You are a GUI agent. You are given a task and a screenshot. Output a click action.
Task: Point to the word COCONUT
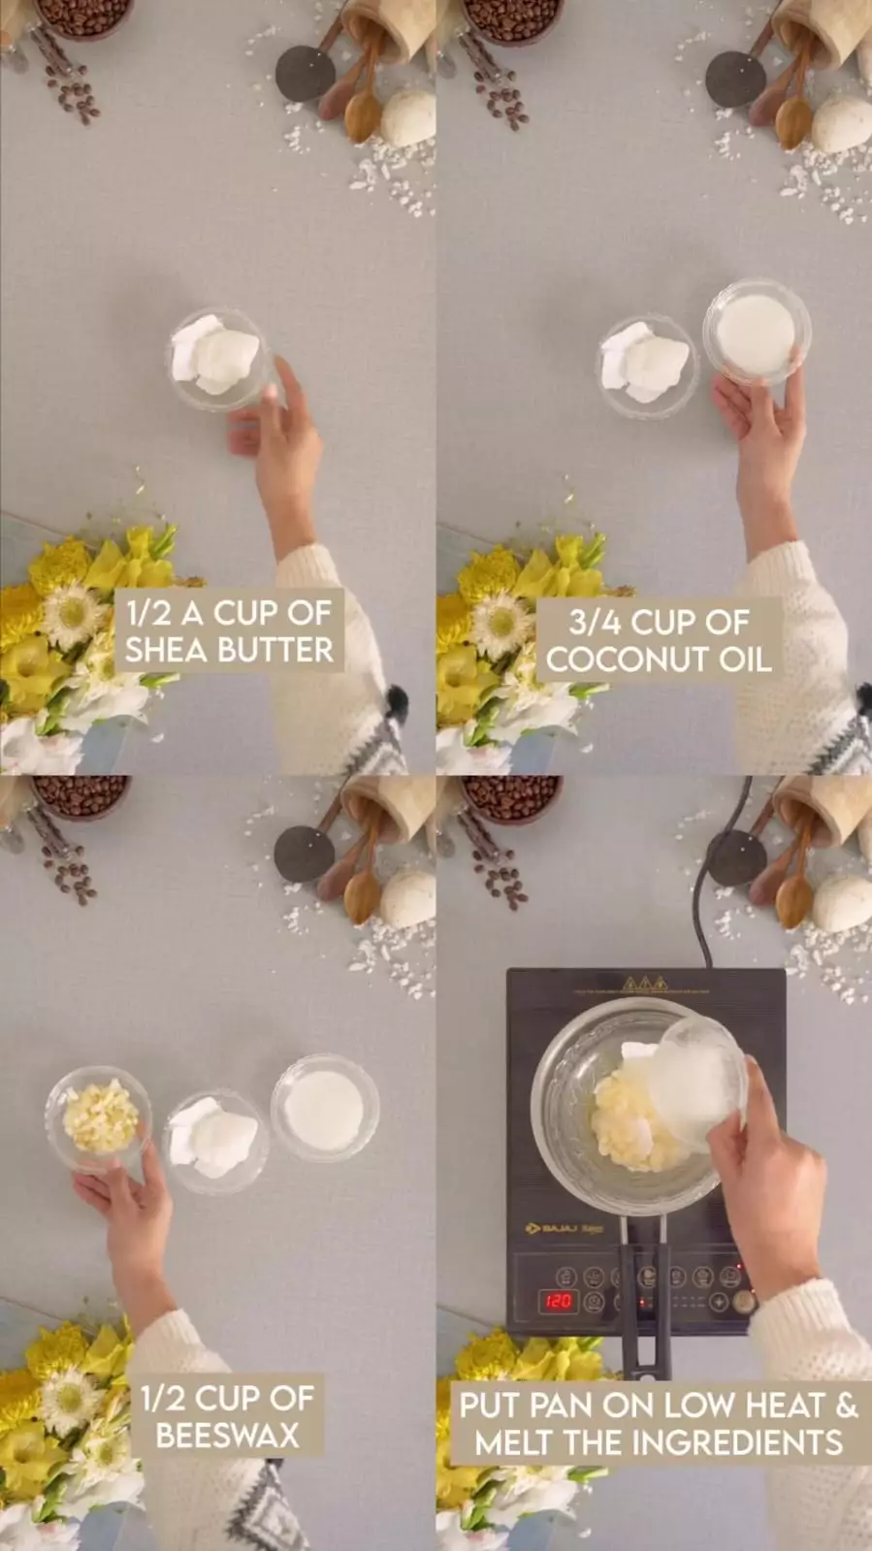click(x=628, y=660)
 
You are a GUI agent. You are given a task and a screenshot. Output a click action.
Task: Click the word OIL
click(x=745, y=660)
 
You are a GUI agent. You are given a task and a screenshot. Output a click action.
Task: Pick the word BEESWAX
click(x=227, y=1436)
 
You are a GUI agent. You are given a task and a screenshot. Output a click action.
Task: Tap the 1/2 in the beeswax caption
click(x=164, y=1399)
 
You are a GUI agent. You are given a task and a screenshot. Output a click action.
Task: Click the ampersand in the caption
click(x=847, y=1405)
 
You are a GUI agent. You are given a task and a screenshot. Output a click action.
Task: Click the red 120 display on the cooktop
click(x=559, y=1301)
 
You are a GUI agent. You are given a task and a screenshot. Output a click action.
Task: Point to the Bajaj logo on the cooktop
click(x=564, y=1228)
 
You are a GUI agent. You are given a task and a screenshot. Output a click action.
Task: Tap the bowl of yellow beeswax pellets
click(x=98, y=1119)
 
